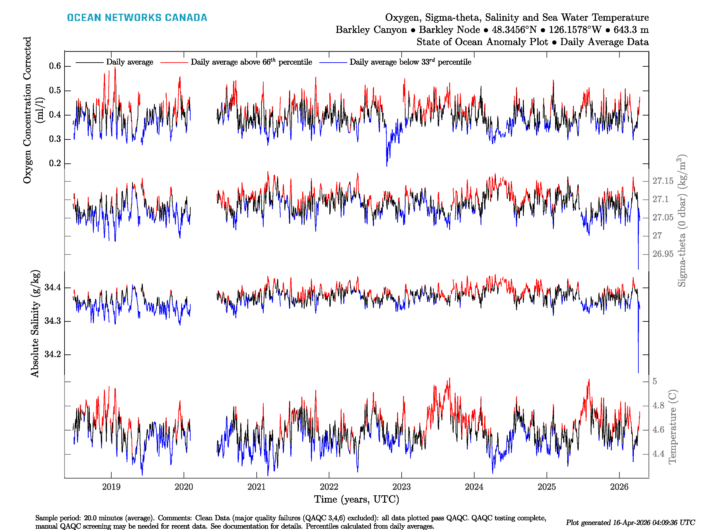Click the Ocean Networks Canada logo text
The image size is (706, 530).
click(137, 18)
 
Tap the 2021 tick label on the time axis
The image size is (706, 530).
click(256, 487)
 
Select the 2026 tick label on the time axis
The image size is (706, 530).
click(619, 487)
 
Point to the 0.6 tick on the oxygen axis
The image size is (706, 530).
click(55, 66)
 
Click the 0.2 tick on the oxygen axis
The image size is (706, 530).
click(55, 163)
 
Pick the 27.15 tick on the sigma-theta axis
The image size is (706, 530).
click(663, 181)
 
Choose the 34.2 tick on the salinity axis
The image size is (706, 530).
click(53, 354)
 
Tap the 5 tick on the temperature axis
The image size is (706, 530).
click(655, 381)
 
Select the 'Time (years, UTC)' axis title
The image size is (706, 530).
click(357, 499)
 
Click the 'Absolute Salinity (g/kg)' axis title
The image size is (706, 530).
click(35, 323)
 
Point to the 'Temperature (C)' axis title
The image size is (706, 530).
click(672, 426)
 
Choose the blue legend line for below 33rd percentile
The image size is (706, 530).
click(333, 62)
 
